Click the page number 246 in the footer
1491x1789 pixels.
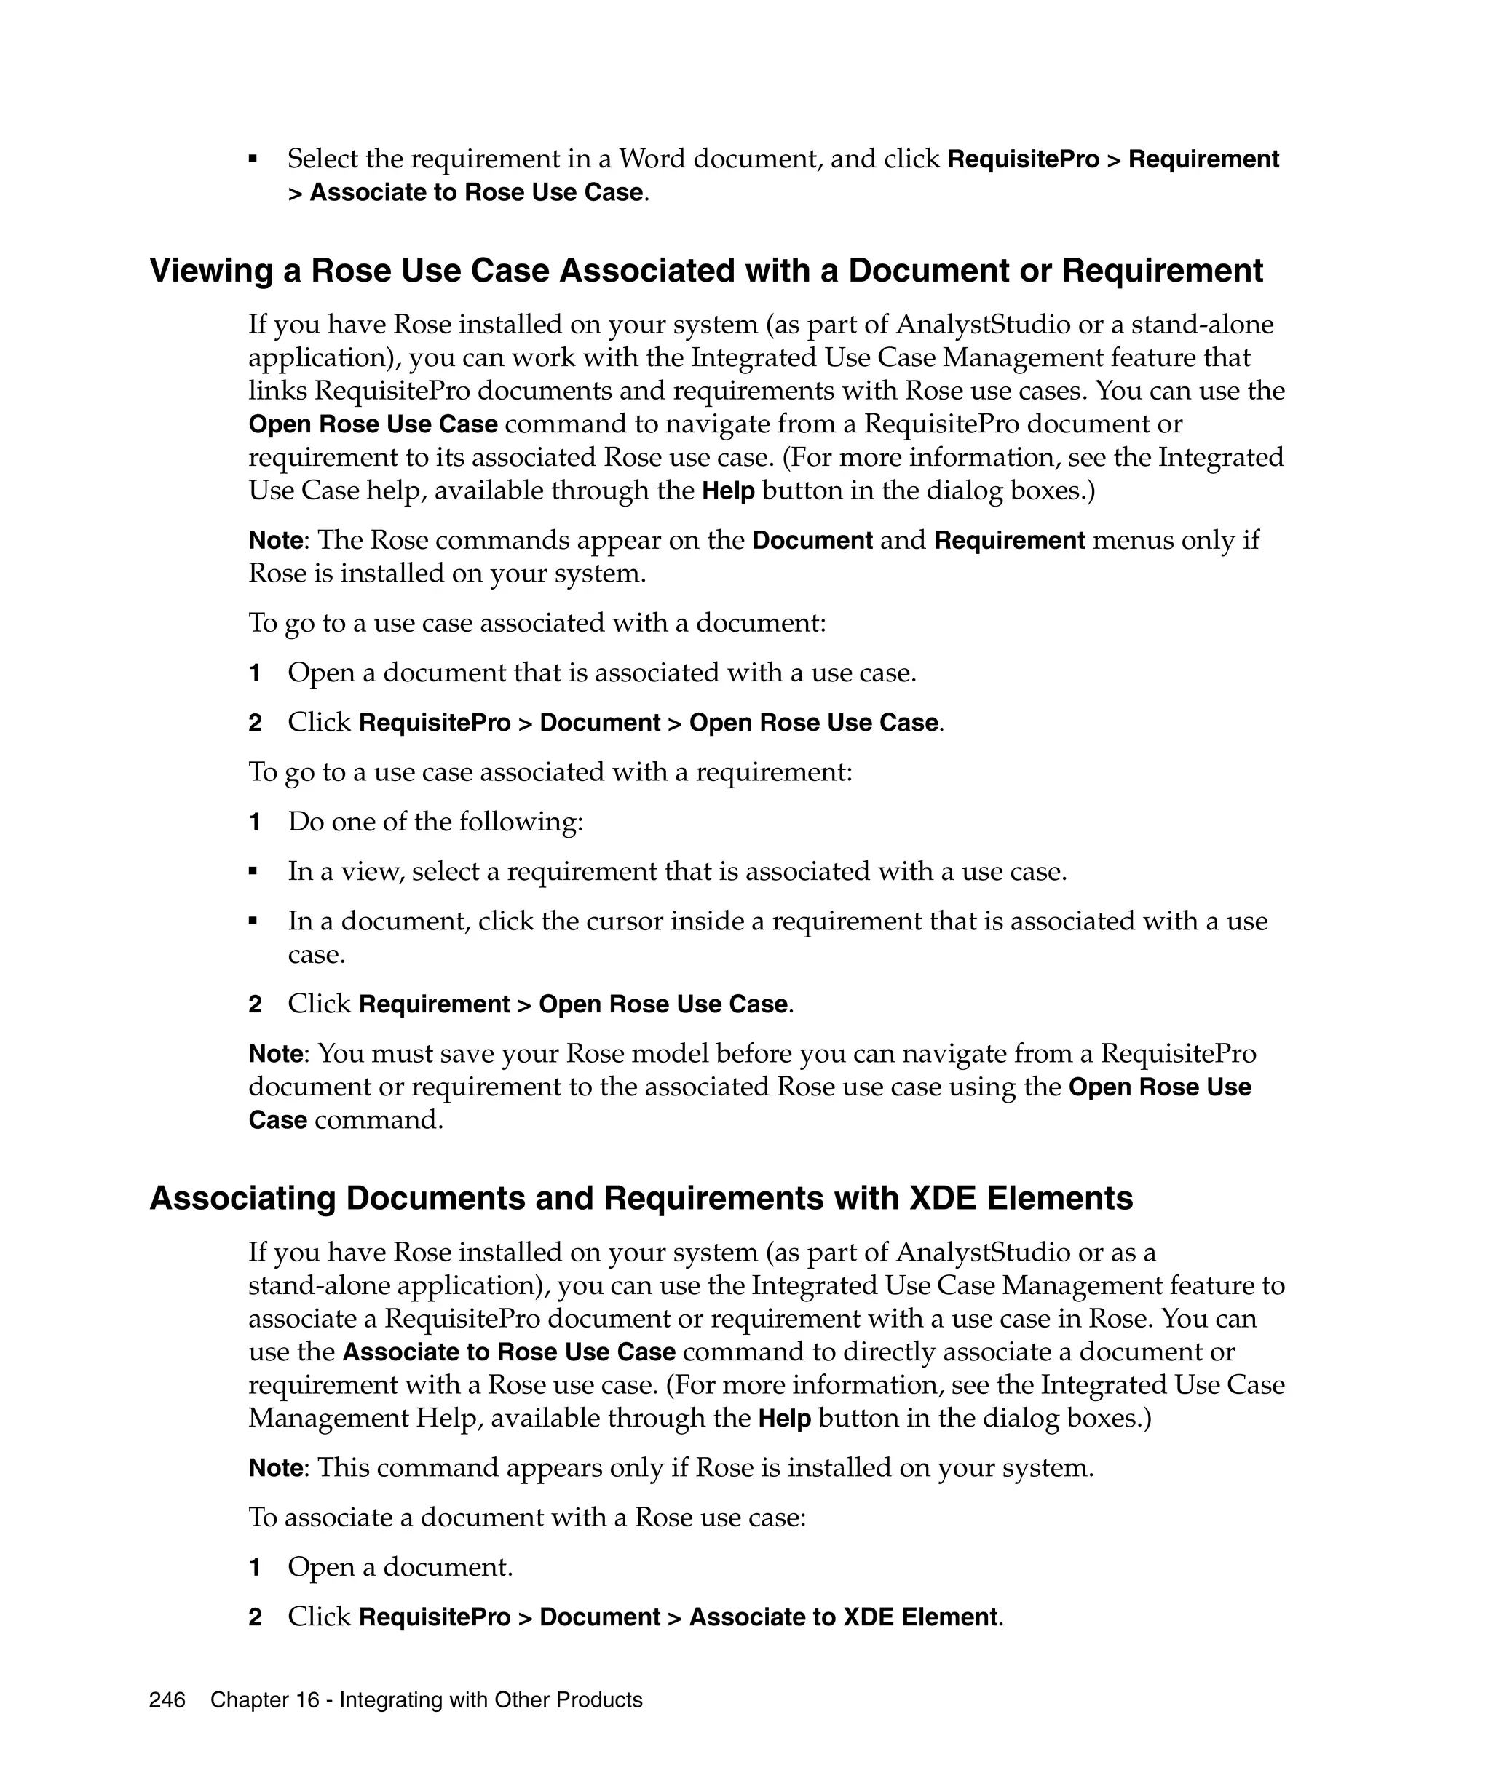(167, 1699)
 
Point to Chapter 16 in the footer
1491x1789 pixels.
(264, 1699)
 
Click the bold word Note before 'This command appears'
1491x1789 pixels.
(275, 1468)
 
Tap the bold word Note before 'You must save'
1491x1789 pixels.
(275, 1054)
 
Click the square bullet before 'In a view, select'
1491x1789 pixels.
(253, 871)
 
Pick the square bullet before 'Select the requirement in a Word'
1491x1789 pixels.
(253, 159)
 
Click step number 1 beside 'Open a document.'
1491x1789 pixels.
(254, 1568)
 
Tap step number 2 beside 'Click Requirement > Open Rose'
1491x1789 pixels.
(254, 1004)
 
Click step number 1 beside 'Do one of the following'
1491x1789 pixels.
(254, 822)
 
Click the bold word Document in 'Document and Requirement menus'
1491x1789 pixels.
(812, 541)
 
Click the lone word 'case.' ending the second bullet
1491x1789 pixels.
(316, 954)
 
